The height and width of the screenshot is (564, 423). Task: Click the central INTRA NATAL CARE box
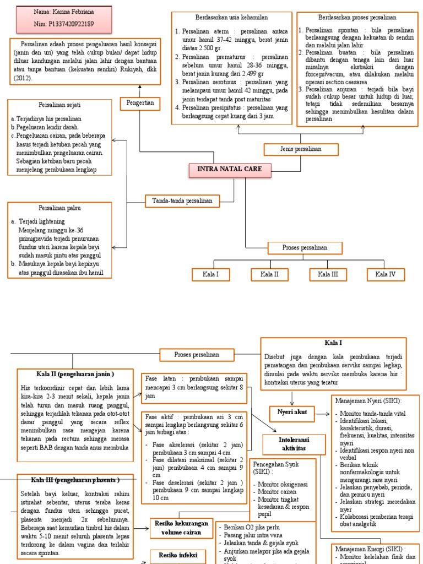(230, 170)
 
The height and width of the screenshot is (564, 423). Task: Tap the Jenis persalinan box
(292, 149)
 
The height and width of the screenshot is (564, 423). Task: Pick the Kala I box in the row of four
(210, 274)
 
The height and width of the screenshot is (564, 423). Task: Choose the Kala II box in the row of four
(269, 274)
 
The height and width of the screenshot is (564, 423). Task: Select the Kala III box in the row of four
(327, 274)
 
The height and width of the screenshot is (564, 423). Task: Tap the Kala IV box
(386, 274)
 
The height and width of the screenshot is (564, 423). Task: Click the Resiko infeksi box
(175, 555)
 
